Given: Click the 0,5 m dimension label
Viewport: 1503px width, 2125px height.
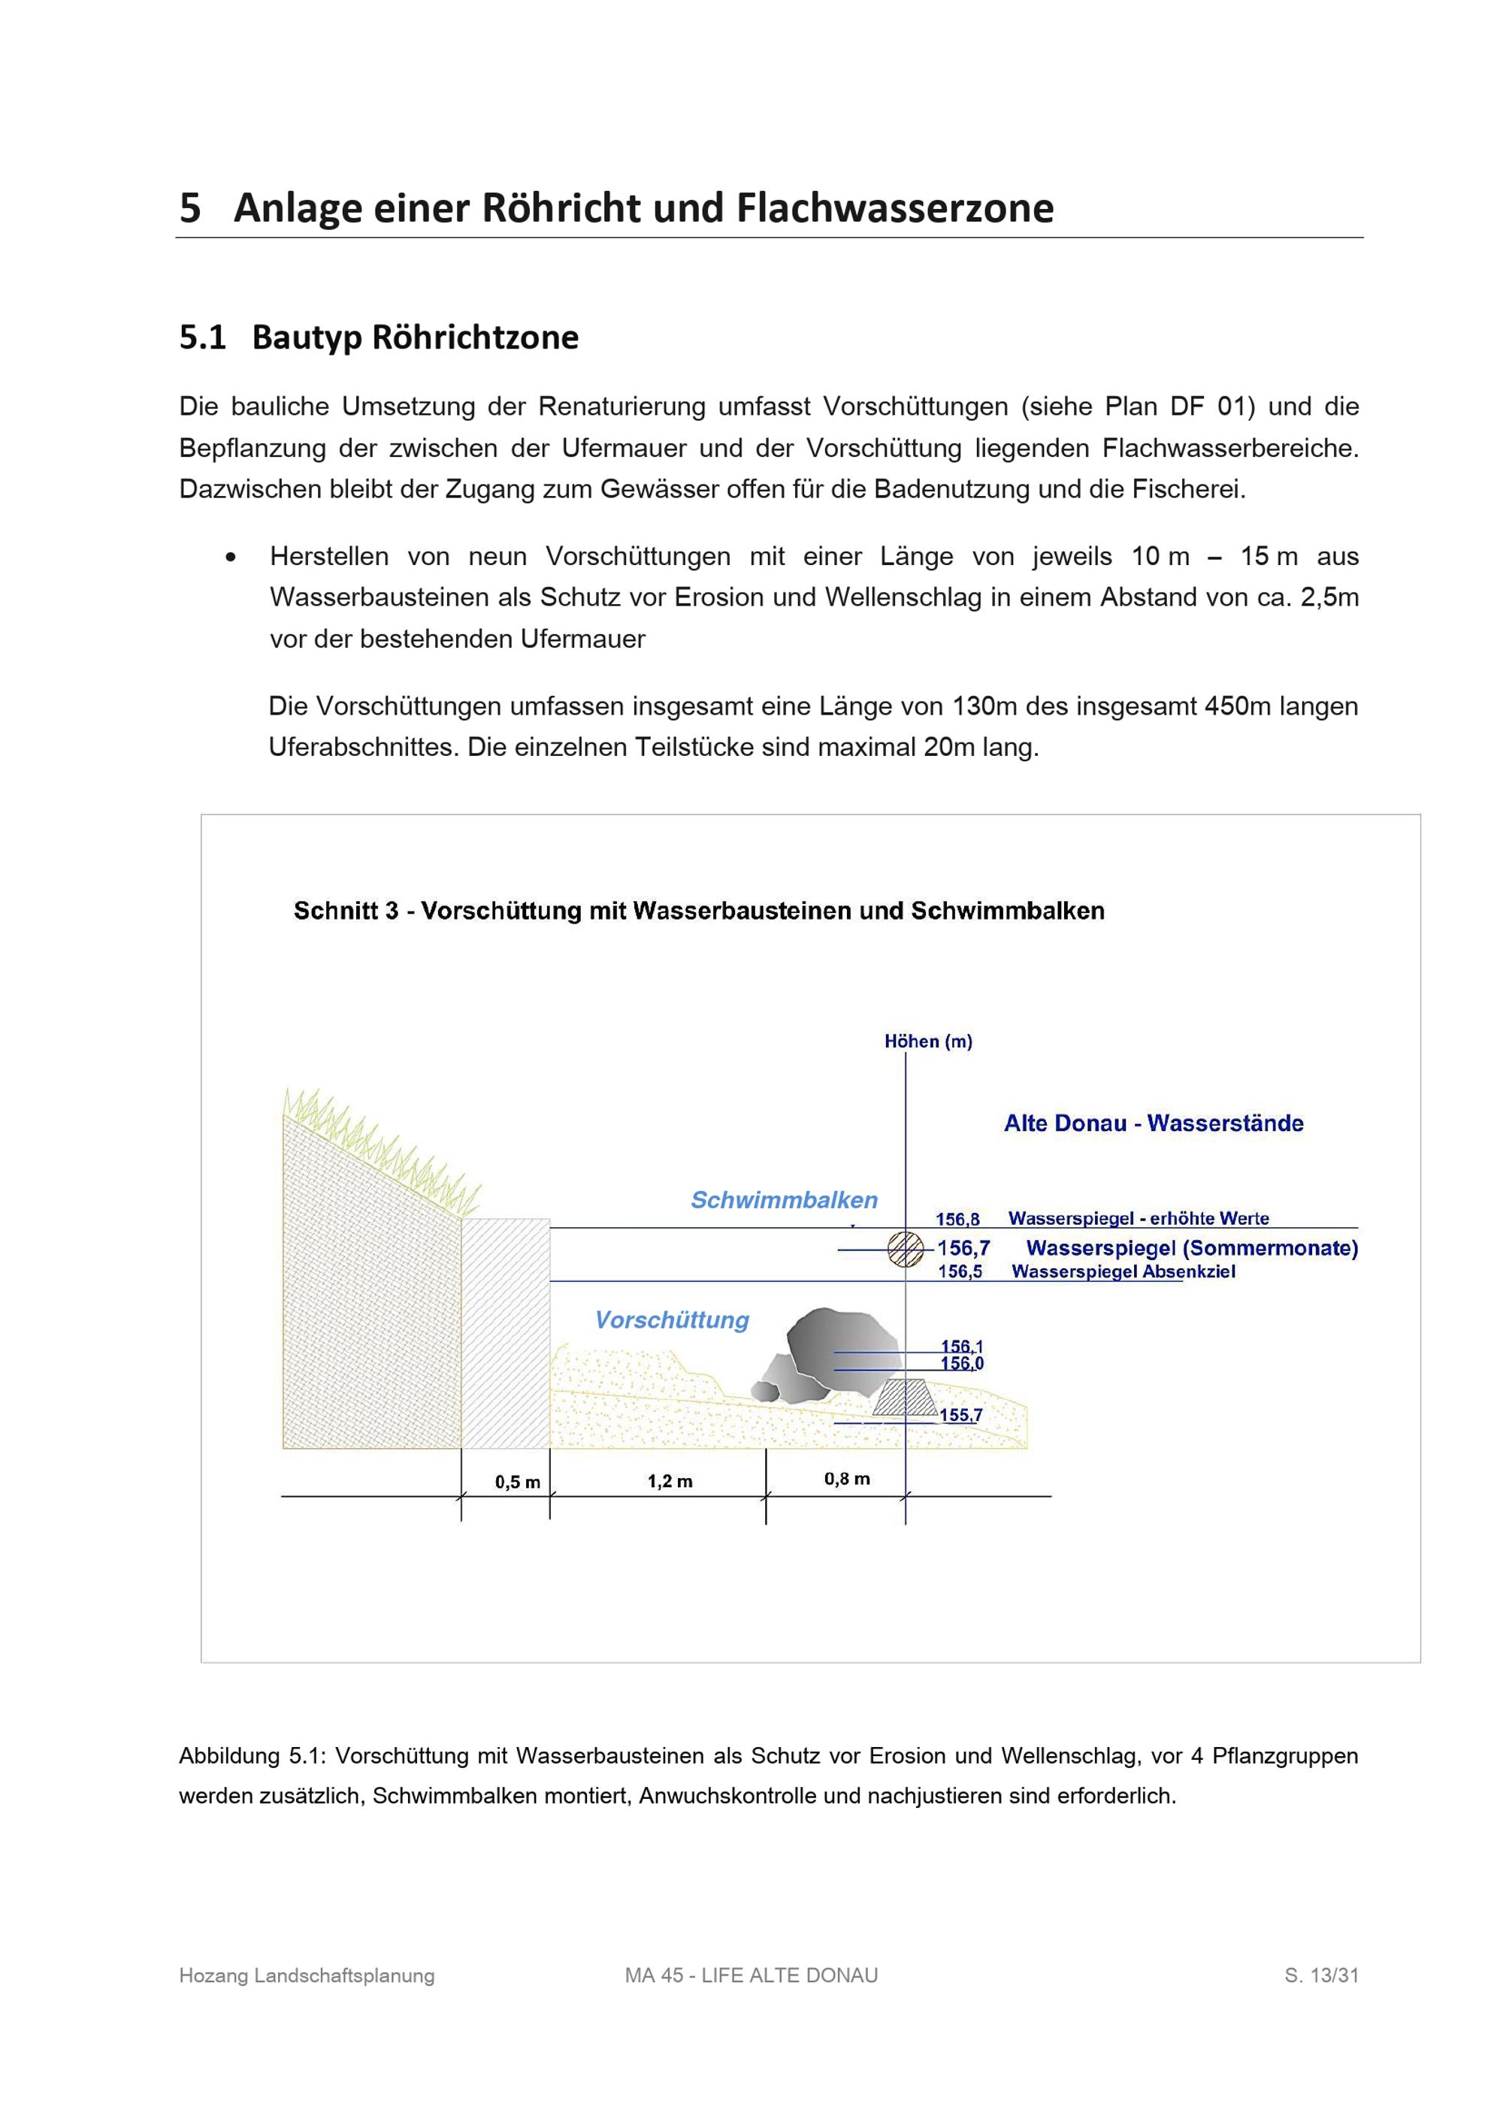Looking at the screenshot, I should [517, 1482].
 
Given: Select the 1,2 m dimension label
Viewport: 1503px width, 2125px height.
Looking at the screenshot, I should [670, 1481].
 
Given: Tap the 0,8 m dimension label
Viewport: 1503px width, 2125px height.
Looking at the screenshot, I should [847, 1478].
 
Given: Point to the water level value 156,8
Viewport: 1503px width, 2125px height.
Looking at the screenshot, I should [957, 1219].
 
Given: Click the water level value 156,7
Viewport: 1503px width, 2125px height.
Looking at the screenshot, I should [963, 1247].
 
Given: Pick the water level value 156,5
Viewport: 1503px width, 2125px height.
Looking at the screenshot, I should [960, 1271].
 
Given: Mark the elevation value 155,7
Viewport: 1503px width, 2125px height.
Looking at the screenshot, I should [960, 1415].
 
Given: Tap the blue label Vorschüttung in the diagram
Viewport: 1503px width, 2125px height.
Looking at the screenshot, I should [672, 1319].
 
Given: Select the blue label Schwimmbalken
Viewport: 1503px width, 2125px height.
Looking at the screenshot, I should [784, 1199].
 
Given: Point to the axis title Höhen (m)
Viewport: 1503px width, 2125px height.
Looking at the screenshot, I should [928, 1041].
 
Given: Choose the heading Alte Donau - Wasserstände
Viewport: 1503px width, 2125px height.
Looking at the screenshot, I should [1153, 1123].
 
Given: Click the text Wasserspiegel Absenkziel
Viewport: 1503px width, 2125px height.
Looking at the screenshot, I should [1123, 1271].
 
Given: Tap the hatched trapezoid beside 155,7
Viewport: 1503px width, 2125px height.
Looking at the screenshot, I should [905, 1398].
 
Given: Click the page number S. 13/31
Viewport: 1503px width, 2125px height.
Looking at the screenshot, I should [1320, 1975].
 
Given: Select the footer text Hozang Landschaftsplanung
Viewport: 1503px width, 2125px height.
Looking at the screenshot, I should [307, 1975].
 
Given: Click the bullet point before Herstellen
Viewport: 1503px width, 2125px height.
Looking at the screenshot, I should [231, 557].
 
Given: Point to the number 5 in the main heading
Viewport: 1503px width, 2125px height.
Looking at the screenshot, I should [189, 207].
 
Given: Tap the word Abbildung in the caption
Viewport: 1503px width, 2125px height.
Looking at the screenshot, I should [228, 1756].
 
